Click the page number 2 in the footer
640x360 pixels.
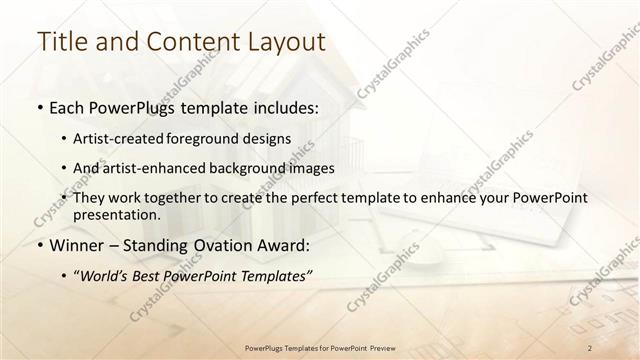[x=591, y=347]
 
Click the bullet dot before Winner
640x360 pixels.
[x=39, y=246]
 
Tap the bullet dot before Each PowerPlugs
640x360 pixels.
[x=39, y=106]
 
